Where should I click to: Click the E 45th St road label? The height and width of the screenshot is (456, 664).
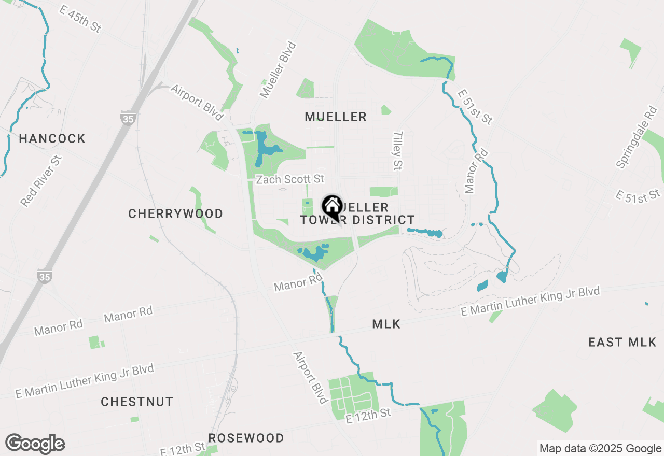coord(80,20)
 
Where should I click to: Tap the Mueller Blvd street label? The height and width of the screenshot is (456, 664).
coord(279,70)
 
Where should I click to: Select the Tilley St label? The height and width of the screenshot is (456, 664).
coord(398,150)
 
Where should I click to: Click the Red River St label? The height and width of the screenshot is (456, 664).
coord(41,181)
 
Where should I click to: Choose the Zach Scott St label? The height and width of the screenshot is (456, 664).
coord(290,179)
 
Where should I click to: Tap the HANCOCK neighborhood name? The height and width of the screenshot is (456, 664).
coord(52,138)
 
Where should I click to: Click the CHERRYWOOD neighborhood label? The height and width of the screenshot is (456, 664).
coord(175,213)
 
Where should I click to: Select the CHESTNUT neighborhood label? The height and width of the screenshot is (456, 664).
coord(137,402)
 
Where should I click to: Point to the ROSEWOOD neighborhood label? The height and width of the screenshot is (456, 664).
coord(246,438)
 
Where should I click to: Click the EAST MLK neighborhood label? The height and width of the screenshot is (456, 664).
coord(622,342)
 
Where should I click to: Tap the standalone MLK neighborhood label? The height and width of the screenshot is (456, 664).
coord(386,324)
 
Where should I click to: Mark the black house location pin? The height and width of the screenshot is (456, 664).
coord(331,207)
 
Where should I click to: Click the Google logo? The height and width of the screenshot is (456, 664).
coord(35,444)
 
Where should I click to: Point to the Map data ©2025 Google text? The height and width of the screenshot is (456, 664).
coord(600,449)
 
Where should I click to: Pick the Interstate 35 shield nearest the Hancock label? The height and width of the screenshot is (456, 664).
coord(127,118)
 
